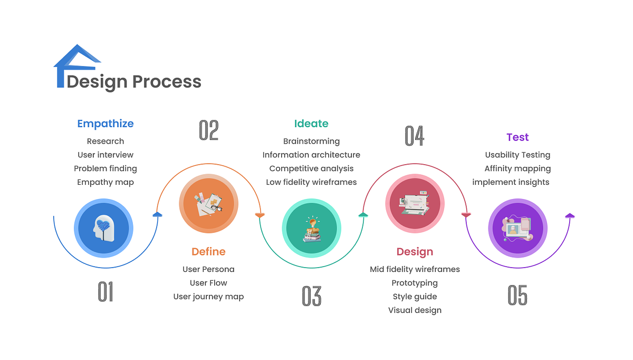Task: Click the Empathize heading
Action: [105, 124]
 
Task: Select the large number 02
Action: [209, 130]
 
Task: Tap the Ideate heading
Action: [311, 124]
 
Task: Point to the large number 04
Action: [415, 136]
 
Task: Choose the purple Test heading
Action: [517, 137]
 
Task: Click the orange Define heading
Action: [208, 252]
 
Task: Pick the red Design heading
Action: [415, 252]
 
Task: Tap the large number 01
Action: [105, 292]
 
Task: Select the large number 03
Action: [311, 296]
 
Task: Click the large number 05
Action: [517, 295]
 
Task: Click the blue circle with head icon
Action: [103, 228]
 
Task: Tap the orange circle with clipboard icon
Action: [208, 204]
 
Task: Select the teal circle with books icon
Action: [311, 228]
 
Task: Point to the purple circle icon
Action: [517, 228]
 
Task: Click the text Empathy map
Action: [105, 182]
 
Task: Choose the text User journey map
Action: [208, 297]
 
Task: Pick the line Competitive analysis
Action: [311, 168]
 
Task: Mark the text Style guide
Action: [415, 297]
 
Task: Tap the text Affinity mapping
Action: [517, 168]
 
